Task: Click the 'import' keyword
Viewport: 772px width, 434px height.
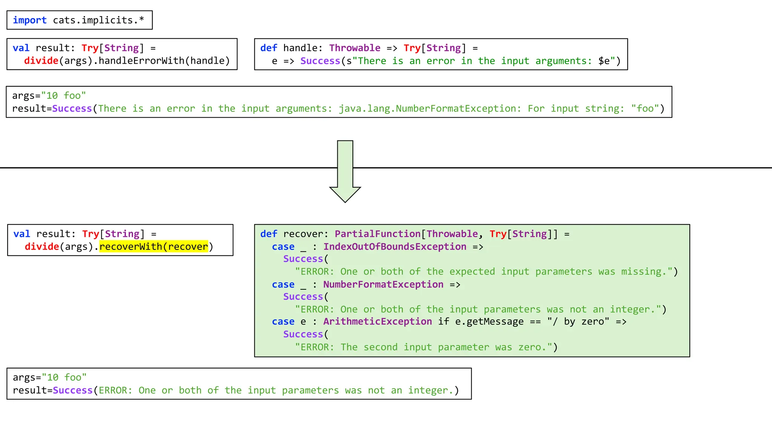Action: click(x=30, y=20)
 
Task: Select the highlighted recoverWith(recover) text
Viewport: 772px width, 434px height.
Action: click(x=154, y=246)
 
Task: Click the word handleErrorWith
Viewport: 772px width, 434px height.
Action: click(x=141, y=61)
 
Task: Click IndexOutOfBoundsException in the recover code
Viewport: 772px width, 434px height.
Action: click(x=395, y=246)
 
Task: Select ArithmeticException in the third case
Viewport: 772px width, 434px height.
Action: click(x=377, y=321)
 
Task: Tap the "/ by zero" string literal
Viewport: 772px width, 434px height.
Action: click(x=578, y=321)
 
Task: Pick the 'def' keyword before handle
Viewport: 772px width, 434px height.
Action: click(x=268, y=48)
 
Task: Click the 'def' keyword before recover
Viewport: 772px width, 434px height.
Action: click(x=268, y=234)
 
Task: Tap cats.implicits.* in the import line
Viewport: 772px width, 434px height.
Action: click(x=98, y=20)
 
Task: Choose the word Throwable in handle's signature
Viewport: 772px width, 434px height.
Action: click(x=355, y=48)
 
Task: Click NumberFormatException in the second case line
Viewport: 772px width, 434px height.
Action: click(x=383, y=284)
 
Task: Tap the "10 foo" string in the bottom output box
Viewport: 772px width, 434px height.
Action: click(x=64, y=377)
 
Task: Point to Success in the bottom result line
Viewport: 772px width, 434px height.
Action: click(x=73, y=390)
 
